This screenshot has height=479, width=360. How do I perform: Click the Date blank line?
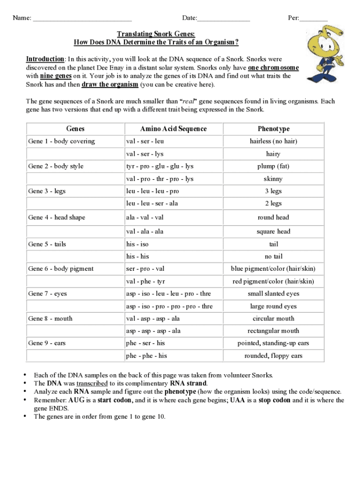223,19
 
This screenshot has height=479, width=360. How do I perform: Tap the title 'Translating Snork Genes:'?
156,34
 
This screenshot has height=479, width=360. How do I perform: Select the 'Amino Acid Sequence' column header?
173,129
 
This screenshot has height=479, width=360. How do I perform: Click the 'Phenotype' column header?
274,129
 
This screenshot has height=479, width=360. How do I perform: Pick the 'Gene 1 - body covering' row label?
61,141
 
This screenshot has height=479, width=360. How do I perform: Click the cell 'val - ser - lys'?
144,154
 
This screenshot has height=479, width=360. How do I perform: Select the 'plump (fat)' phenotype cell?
274,167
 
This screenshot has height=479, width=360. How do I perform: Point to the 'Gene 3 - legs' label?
47,191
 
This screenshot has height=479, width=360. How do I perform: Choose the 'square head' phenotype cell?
274,232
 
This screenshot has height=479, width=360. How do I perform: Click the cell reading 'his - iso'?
137,244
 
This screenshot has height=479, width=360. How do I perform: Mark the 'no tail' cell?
274,257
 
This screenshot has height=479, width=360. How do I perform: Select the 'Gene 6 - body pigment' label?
61,269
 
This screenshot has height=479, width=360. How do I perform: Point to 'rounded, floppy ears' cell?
274,356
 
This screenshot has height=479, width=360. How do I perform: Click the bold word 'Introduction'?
45,59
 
